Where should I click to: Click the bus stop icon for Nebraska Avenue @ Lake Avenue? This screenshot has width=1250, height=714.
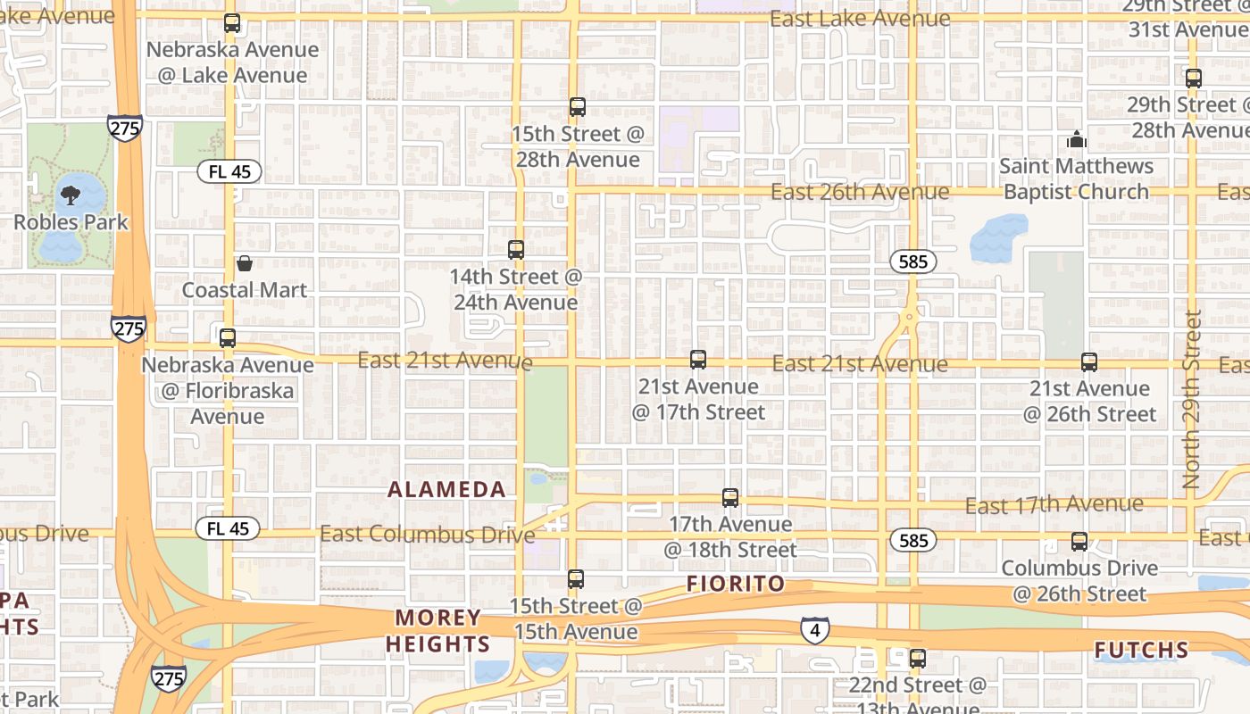(x=232, y=23)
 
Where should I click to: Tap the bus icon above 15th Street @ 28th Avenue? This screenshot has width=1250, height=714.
(x=578, y=107)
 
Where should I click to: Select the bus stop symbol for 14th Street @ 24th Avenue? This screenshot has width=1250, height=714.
(x=516, y=250)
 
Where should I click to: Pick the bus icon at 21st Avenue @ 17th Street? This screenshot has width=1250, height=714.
(x=698, y=360)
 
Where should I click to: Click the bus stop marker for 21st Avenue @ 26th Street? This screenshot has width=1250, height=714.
(x=1089, y=361)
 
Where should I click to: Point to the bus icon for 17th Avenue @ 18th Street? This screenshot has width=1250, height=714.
(x=730, y=498)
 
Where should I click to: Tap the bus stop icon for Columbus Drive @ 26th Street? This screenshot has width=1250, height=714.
(x=1079, y=541)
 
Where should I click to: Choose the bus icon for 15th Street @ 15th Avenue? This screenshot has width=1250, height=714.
(x=576, y=579)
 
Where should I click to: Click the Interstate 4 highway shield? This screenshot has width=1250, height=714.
(x=814, y=630)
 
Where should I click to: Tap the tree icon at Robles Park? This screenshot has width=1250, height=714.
(x=71, y=195)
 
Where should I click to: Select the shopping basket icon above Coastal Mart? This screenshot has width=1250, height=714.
(x=245, y=263)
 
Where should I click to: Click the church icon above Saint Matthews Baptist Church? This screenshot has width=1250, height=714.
(x=1077, y=139)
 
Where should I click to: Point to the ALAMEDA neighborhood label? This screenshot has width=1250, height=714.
(x=447, y=489)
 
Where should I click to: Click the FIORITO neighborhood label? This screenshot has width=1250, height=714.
(x=736, y=584)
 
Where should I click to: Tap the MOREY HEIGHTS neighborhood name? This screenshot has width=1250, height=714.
(x=443, y=631)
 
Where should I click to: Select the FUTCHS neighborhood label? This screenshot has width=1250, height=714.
(x=1142, y=650)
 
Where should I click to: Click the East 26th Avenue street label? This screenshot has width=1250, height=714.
(x=860, y=192)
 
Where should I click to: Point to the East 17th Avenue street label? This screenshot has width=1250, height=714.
(x=1054, y=505)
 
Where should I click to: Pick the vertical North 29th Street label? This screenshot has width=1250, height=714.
(x=1192, y=399)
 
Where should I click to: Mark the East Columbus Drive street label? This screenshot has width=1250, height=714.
(x=427, y=535)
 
